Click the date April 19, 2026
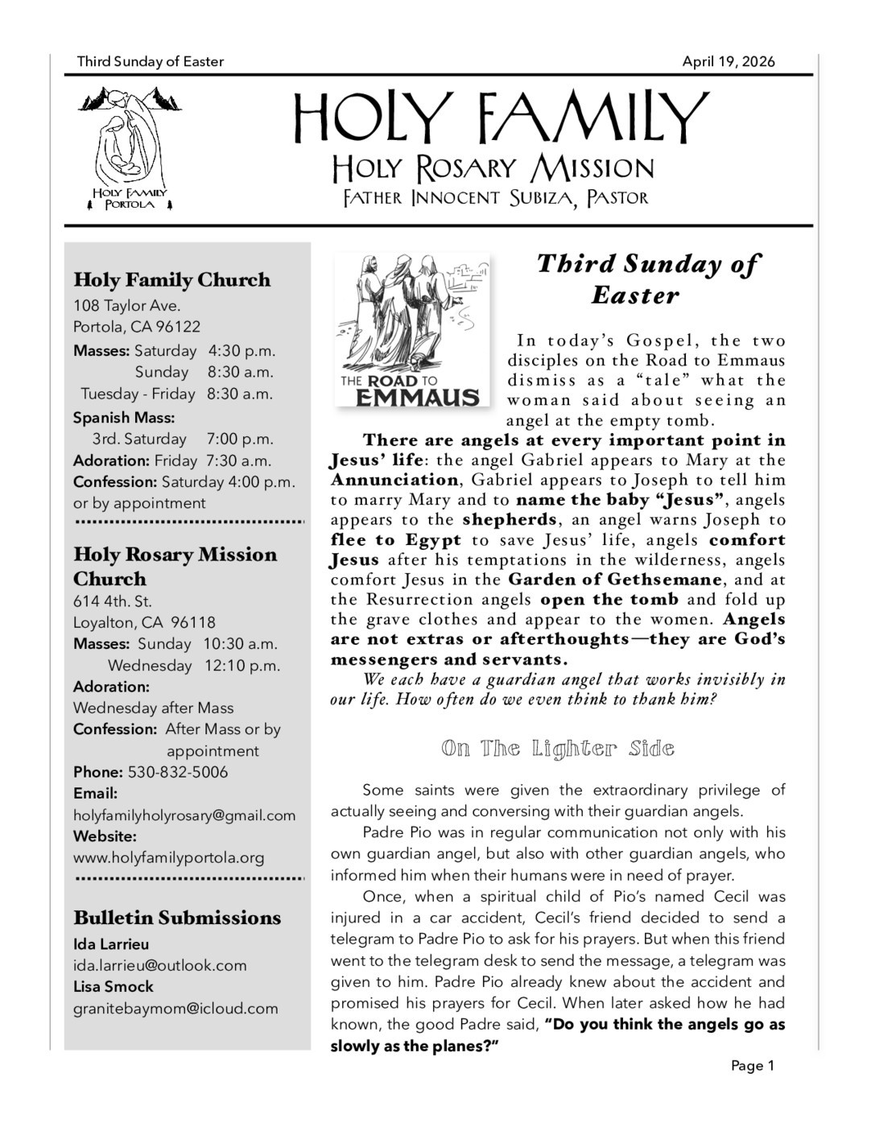click(x=728, y=62)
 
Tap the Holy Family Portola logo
click(x=130, y=149)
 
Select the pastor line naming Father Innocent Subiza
click(x=495, y=198)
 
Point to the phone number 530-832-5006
click(x=178, y=772)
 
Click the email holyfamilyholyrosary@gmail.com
click(x=184, y=815)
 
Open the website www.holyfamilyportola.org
click(x=168, y=858)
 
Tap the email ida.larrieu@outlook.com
click(x=159, y=965)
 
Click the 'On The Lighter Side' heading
click(x=557, y=749)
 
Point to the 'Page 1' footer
click(x=752, y=1066)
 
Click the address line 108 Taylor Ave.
click(x=126, y=306)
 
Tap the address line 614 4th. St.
click(x=113, y=601)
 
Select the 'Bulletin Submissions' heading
click(x=177, y=918)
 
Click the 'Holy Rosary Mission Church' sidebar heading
click(x=175, y=567)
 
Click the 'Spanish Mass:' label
click(x=123, y=418)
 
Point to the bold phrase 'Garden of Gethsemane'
click(x=616, y=580)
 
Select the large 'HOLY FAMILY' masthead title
click(x=500, y=118)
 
